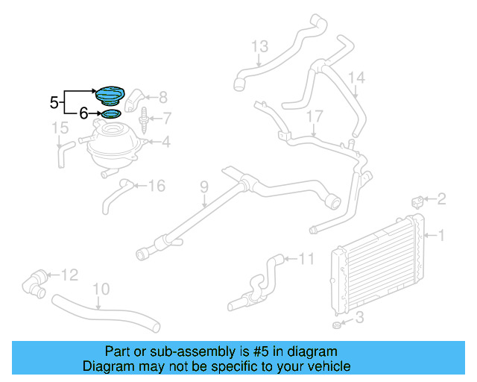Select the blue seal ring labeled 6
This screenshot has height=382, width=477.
(111, 113)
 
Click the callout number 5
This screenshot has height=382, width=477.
(54, 102)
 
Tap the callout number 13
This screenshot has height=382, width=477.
(259, 47)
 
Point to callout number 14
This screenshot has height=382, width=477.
(356, 78)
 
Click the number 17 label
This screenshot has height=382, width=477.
(315, 116)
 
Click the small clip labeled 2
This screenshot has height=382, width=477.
(419, 200)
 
